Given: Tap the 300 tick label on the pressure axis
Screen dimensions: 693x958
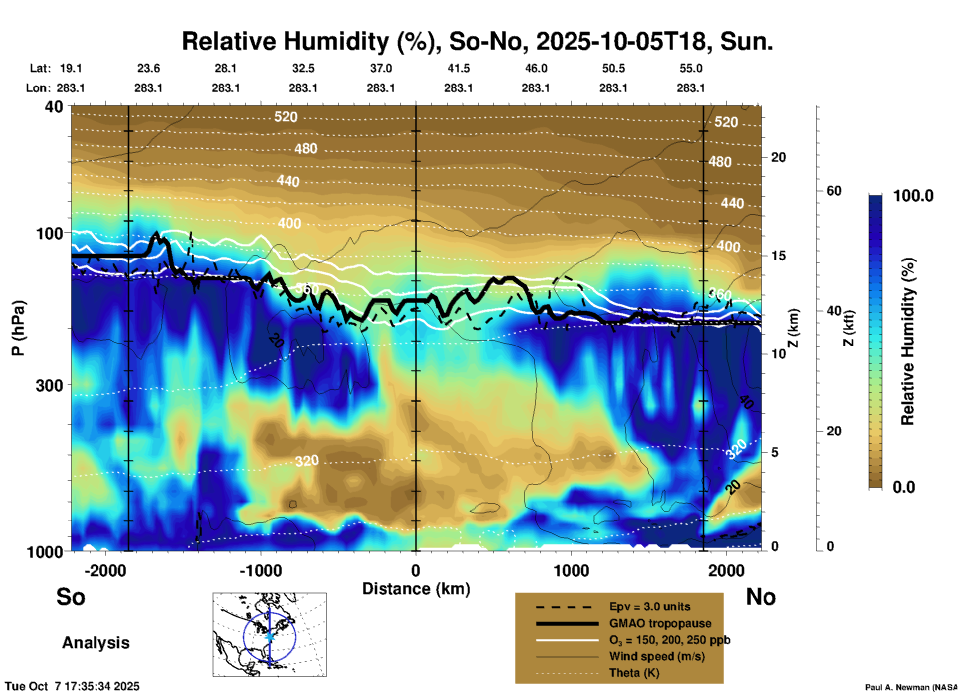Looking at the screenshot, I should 50,385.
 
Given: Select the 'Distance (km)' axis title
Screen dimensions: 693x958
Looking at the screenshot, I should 416,589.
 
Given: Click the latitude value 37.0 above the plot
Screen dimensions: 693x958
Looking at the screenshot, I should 381,68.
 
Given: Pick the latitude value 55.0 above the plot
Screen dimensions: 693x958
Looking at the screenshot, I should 690,68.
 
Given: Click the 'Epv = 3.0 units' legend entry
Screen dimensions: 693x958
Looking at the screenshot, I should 650,606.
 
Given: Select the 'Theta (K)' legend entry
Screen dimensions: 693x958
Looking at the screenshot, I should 634,673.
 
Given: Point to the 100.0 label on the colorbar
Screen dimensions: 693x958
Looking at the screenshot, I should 913,196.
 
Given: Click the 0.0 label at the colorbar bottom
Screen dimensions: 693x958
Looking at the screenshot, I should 904,487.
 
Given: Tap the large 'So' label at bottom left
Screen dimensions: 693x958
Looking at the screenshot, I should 71,597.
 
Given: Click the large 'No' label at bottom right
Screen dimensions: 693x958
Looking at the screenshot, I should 761,597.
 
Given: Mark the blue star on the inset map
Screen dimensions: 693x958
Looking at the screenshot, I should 270,636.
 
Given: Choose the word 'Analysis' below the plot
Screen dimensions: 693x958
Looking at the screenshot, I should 96,643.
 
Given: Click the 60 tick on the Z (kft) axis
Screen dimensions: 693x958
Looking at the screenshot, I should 834,191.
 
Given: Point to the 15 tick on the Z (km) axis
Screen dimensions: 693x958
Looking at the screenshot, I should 778,256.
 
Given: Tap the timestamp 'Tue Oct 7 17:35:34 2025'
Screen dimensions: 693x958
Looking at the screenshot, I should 73,686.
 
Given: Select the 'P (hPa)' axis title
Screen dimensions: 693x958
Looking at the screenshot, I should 18,328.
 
